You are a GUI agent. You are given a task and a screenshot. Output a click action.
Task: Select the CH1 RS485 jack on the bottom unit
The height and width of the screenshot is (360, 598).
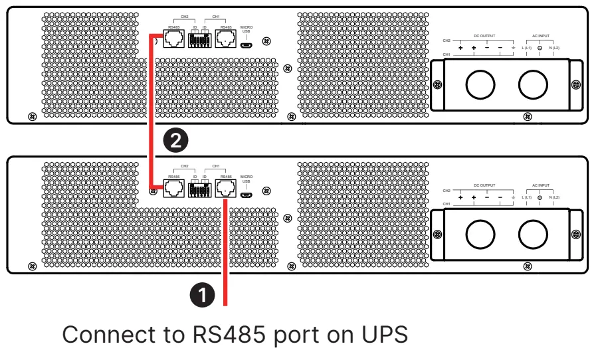tap(227, 189)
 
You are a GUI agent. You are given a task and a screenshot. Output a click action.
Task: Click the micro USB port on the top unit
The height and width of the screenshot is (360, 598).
tap(247, 46)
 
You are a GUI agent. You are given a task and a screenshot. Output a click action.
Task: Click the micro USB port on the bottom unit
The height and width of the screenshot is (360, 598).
tap(247, 195)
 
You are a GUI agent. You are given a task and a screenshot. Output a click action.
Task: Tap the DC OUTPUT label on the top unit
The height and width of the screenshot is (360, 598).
tap(484, 35)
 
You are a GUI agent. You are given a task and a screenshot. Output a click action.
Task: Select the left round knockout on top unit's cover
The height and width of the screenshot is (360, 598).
tap(478, 85)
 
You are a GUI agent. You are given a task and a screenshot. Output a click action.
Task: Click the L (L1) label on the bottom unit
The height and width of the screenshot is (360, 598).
tap(526, 198)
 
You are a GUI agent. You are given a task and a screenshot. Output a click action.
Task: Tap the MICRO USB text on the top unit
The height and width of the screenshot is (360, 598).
tap(247, 30)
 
